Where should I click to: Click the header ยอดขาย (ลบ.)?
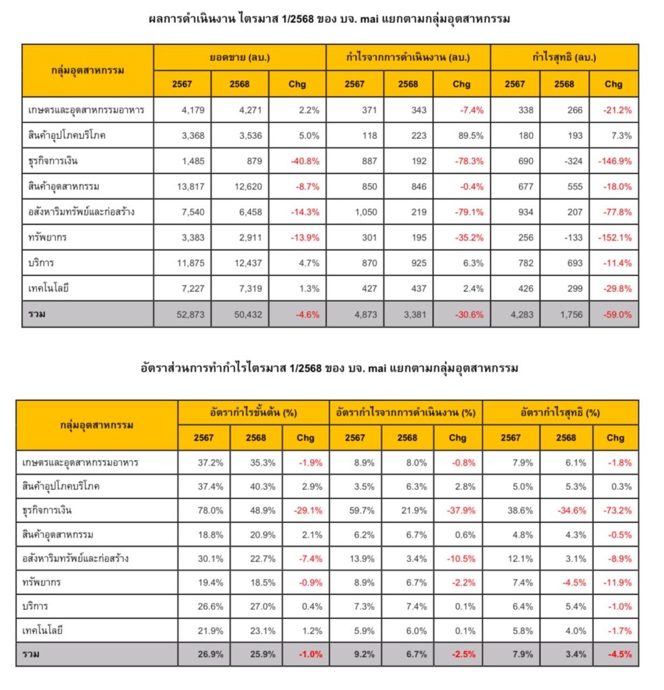point(239,57)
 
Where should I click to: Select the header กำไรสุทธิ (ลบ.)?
point(564,57)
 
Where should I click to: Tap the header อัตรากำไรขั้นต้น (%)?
point(253,412)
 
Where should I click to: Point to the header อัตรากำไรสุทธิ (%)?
point(560,412)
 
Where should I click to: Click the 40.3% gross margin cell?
point(255,487)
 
